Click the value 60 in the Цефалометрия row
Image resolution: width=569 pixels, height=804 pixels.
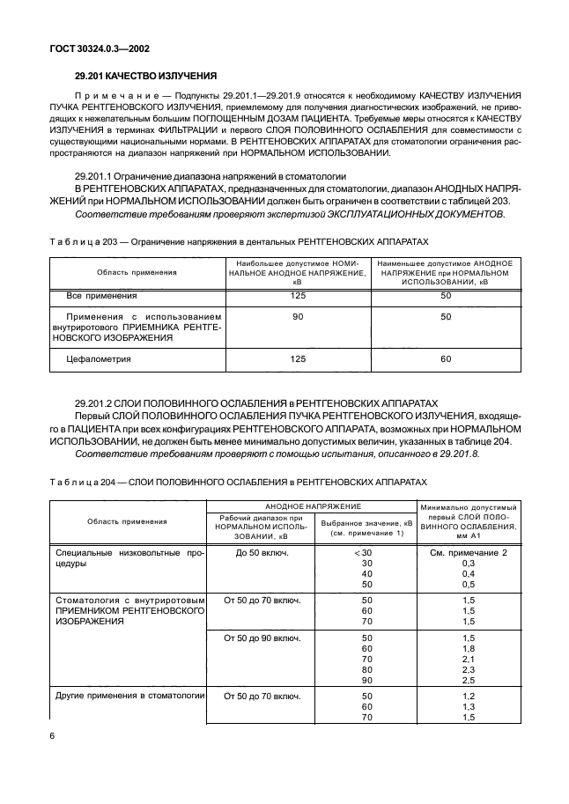pos(446,359)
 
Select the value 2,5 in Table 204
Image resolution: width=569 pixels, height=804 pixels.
pos(468,680)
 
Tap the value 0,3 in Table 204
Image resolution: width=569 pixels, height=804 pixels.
pos(468,563)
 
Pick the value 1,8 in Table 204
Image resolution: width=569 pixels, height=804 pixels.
pos(468,648)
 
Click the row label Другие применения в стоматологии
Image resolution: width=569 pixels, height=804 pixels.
pos(129,696)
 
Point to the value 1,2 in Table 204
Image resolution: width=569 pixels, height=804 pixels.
pos(468,696)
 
